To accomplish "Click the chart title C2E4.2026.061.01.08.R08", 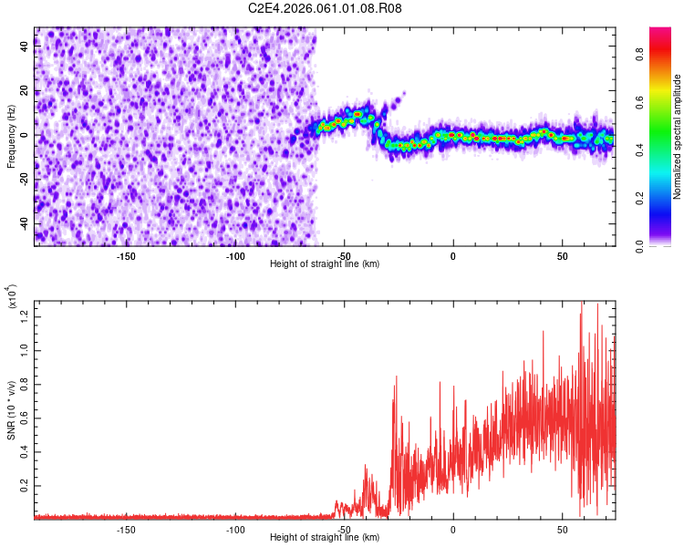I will point(326,9).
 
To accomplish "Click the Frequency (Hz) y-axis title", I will point(12,136).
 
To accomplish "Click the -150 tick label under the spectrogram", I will point(126,256).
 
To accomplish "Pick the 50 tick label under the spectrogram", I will point(562,256).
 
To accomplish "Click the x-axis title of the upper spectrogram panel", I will point(325,264).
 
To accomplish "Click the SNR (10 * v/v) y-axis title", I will point(12,408).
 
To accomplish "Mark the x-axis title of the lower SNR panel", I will point(325,538).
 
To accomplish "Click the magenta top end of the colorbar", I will point(660,32).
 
